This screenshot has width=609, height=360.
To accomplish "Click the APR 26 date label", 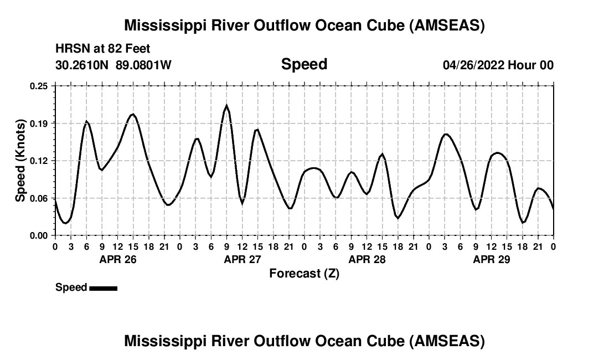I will pos(117,259).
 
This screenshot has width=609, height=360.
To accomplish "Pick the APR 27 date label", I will pos(242,259).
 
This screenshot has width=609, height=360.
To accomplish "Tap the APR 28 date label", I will pos(367,259).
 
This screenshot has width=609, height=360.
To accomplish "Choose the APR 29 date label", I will pos(492,259).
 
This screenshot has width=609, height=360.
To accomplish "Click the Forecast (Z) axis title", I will pos(304,274).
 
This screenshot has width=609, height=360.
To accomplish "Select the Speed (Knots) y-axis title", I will pos(20,160).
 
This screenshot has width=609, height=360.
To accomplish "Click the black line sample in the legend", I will pos(103,288).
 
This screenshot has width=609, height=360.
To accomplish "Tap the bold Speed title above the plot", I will pos(304,64).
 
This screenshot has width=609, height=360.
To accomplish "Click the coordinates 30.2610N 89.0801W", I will pos(113,65).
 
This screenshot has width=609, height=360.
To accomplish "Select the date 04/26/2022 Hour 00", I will pos(498,65).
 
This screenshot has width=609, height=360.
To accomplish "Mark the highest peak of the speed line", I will pos(226,105).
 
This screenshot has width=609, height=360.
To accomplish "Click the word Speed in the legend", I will pos(71,287).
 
